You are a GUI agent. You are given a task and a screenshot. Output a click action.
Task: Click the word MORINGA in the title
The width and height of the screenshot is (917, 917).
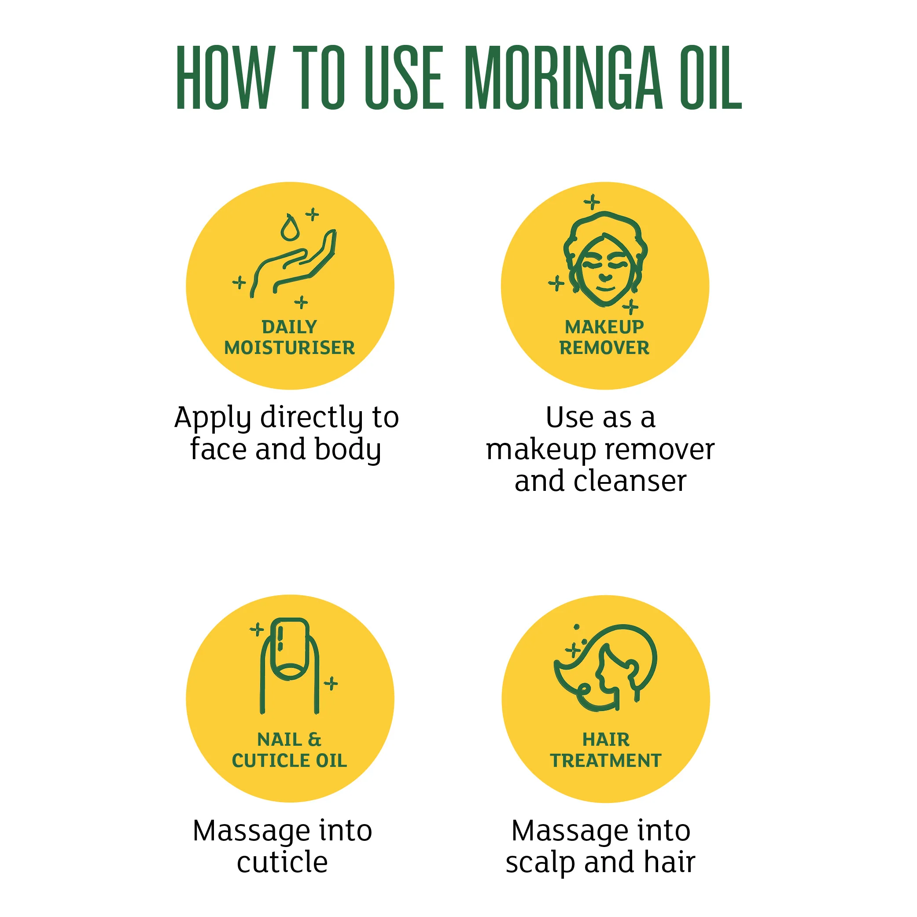[x=563, y=78]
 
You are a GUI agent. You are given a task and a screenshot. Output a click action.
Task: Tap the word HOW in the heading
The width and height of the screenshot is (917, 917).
[x=225, y=78]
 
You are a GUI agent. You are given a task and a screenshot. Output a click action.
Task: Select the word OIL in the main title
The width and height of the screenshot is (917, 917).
[x=711, y=78]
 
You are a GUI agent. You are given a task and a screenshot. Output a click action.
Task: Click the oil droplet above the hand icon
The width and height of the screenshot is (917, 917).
[x=290, y=228]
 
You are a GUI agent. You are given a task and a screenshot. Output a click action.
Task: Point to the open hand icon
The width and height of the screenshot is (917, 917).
[x=293, y=264]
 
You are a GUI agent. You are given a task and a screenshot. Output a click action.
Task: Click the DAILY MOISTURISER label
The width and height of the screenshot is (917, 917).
[x=290, y=338]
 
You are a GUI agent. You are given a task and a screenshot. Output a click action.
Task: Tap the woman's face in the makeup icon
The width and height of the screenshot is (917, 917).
[x=605, y=269]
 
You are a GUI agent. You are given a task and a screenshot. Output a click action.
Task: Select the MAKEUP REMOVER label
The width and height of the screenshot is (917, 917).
[x=604, y=338]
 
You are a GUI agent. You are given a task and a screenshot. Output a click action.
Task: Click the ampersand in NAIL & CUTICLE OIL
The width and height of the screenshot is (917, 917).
[x=314, y=740]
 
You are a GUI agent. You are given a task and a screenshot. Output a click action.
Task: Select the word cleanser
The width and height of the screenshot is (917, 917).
[x=630, y=481]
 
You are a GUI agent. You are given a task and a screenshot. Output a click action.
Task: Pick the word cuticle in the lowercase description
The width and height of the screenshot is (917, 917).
[x=283, y=862]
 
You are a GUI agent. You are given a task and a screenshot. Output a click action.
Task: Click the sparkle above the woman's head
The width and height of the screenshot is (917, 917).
[x=592, y=202]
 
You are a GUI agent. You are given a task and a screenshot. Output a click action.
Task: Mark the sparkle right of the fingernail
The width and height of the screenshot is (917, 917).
[x=331, y=684]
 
